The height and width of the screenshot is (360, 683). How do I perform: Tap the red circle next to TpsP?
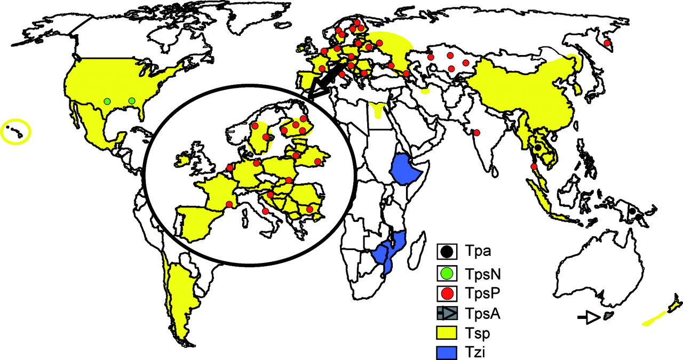pyautogui.click(x=447, y=294)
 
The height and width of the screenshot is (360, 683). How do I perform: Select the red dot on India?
pyautogui.click(x=476, y=132)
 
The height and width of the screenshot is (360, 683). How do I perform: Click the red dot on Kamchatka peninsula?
pyautogui.click(x=606, y=43)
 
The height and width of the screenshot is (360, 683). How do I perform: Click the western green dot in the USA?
pyautogui.click(x=107, y=101)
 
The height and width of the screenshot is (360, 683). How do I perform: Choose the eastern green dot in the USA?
pyautogui.click(x=132, y=101)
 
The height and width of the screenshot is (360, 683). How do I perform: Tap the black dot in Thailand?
pyautogui.click(x=538, y=147)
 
